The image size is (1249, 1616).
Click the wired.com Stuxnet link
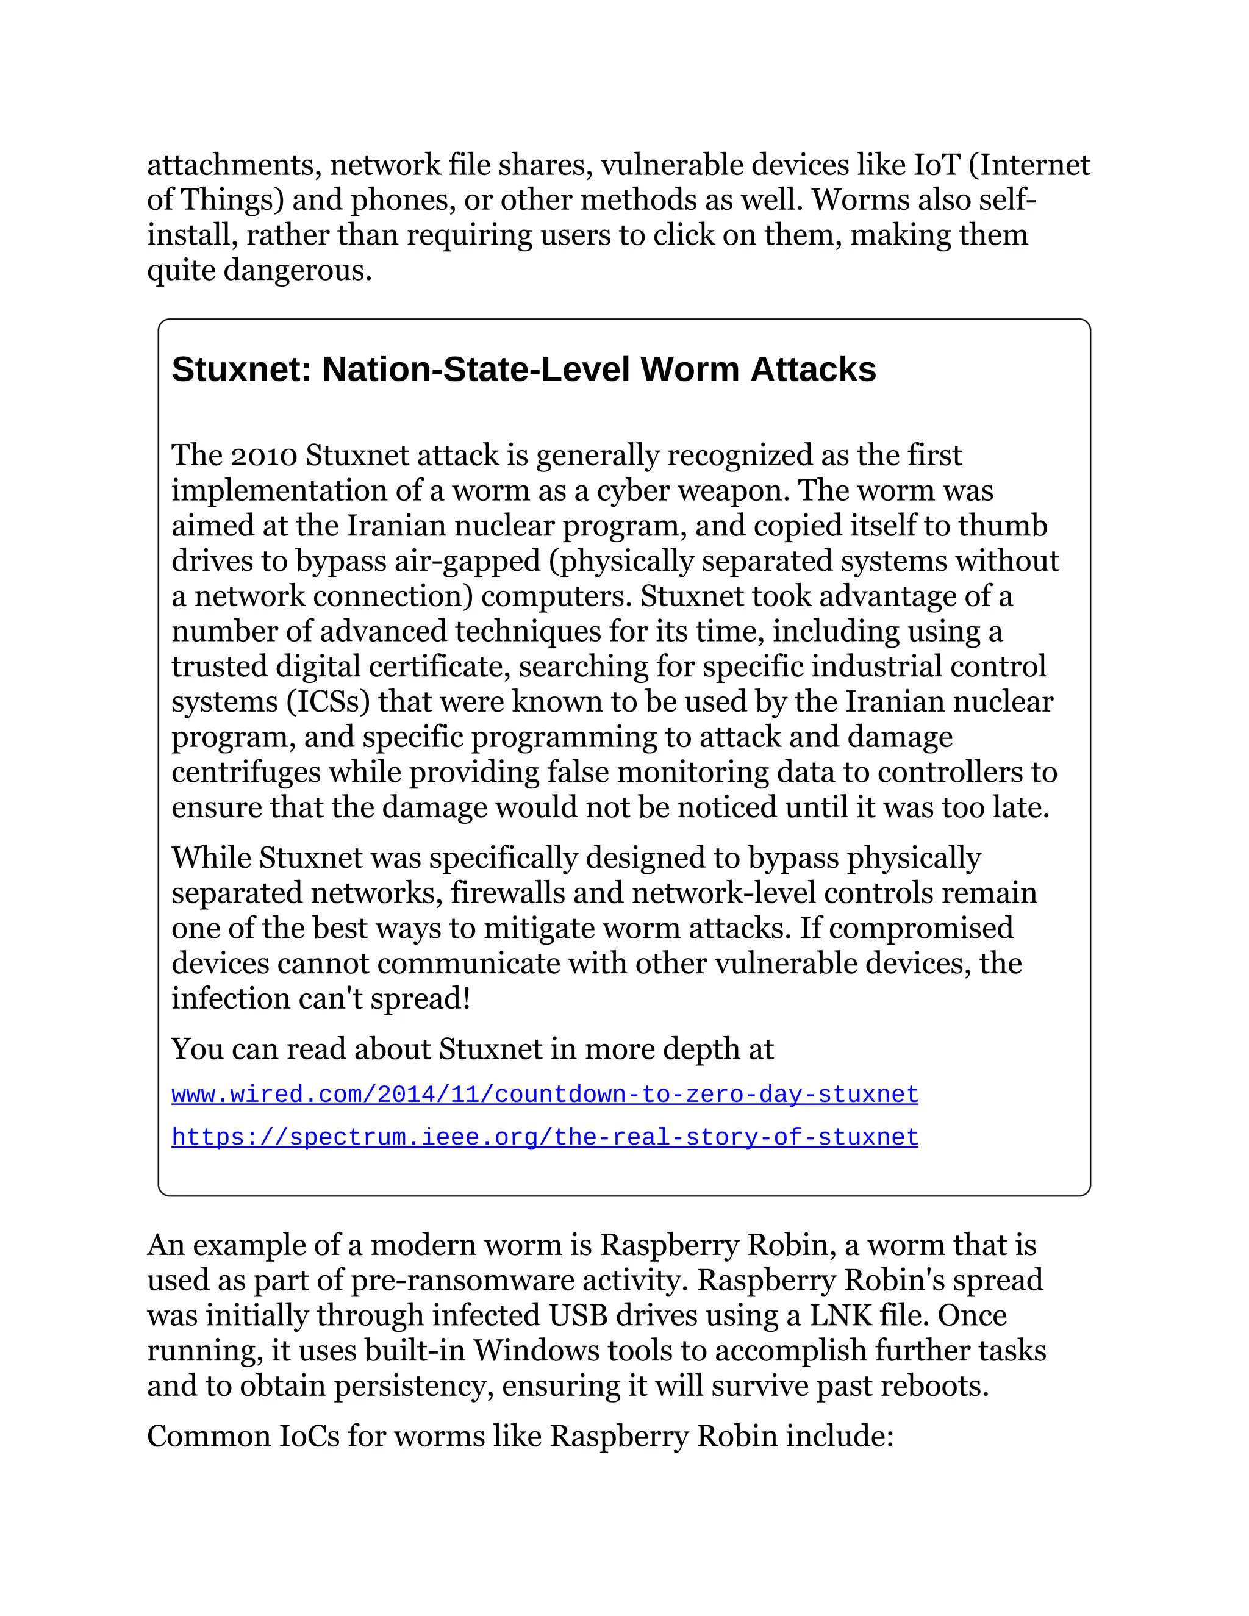pyautogui.click(x=545, y=1095)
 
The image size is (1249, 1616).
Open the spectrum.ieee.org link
pyautogui.click(x=545, y=1137)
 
